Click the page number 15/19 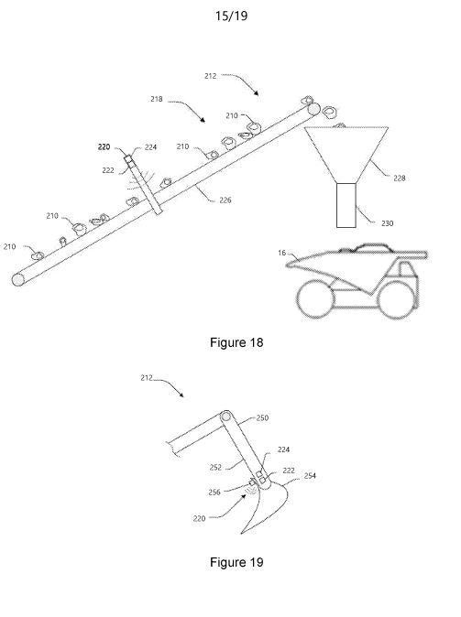coord(231,16)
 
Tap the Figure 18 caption coord(236,342)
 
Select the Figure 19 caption coord(236,562)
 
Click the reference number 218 coord(157,99)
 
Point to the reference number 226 coord(225,200)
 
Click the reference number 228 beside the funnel coord(400,179)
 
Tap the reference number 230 coord(388,223)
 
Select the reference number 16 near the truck coord(281,253)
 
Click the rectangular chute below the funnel coord(346,205)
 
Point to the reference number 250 coord(262,417)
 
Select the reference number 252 coord(215,468)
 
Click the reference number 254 coord(310,476)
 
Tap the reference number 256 coord(214,493)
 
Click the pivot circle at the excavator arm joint coord(226,417)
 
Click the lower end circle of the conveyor coord(18,279)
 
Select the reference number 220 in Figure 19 coord(200,519)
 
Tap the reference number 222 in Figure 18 coord(108,170)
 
